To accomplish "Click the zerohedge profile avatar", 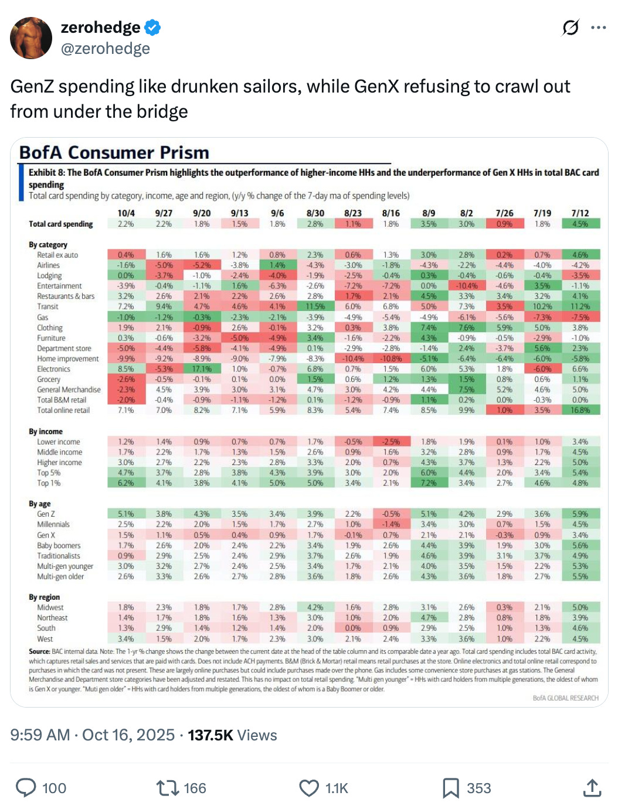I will [x=31, y=38].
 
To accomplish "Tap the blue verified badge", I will [x=153, y=28].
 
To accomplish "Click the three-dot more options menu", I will [x=599, y=28].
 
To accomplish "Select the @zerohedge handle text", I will [x=106, y=49].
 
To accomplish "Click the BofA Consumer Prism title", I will [x=114, y=152].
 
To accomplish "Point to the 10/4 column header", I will [x=126, y=213].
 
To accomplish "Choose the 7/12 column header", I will [x=580, y=213].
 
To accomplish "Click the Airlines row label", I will [x=49, y=265].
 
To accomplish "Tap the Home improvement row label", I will [x=68, y=358].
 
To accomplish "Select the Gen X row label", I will [x=46, y=535].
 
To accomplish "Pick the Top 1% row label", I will [x=49, y=483].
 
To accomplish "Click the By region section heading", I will [x=45, y=597].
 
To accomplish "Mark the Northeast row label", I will [x=53, y=618].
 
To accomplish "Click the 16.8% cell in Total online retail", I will [x=580, y=410].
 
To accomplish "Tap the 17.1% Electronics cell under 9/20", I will [x=202, y=369].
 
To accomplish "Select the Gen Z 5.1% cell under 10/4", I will [x=126, y=514].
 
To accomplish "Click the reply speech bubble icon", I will [x=26, y=788].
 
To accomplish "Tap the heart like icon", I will [x=309, y=788].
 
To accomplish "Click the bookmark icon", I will [x=450, y=788].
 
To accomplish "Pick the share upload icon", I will [x=592, y=788].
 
